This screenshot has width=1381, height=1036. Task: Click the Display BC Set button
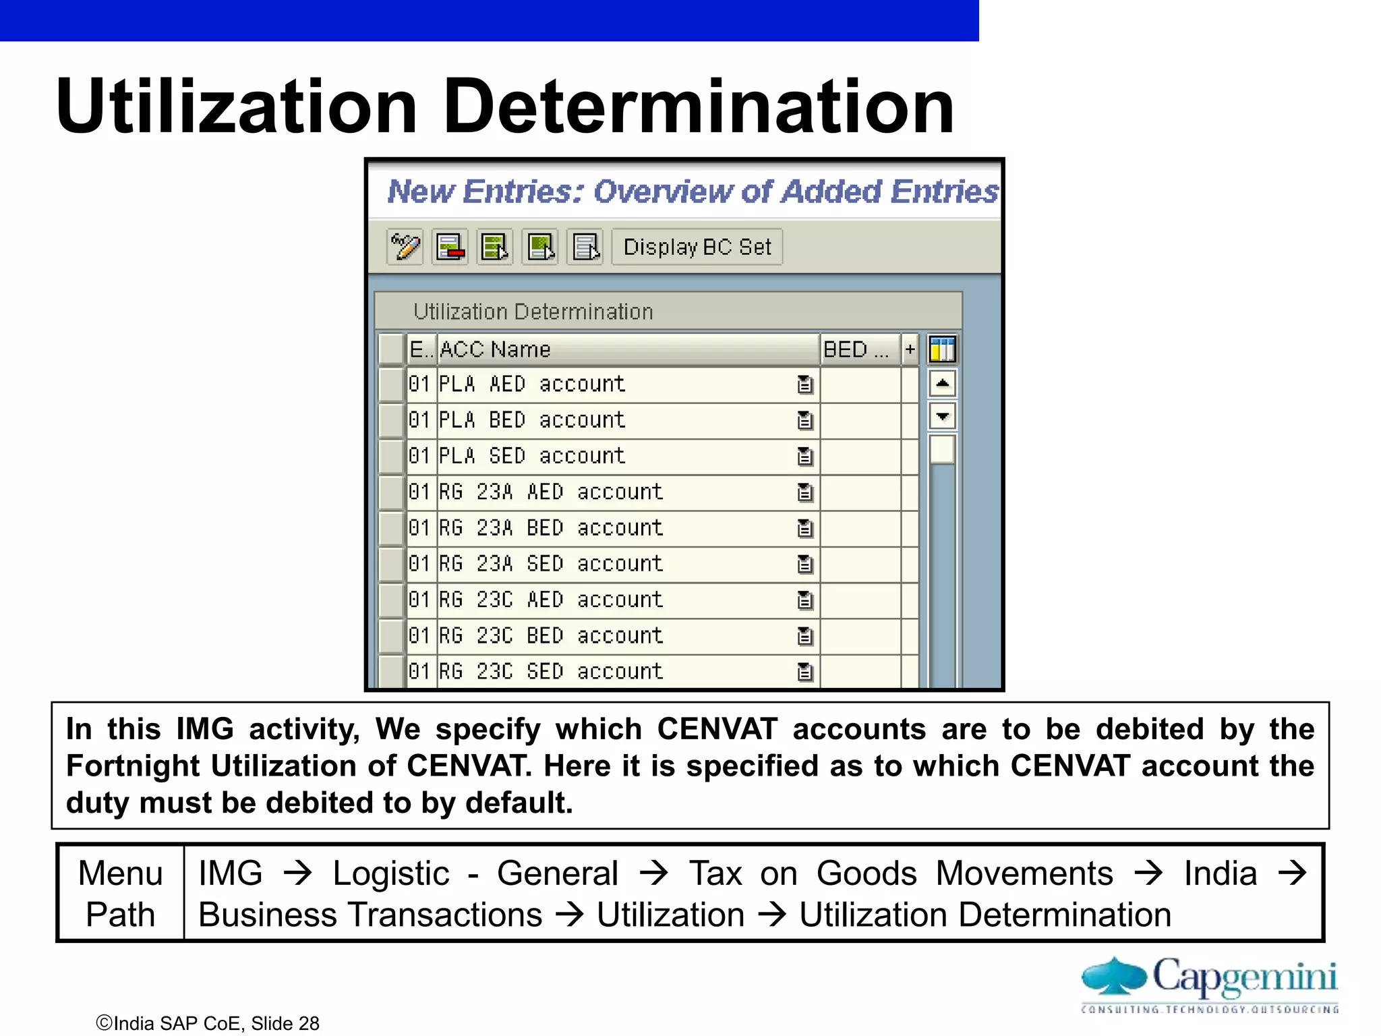(697, 247)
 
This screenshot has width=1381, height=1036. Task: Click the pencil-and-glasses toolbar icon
(405, 247)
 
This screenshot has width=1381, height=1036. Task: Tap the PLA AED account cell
(532, 384)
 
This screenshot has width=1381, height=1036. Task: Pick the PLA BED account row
(532, 420)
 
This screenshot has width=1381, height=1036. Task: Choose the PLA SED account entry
(532, 456)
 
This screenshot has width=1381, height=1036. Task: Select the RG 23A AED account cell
(551, 492)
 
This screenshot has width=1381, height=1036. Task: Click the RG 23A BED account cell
(551, 528)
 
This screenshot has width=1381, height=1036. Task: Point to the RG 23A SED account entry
(551, 564)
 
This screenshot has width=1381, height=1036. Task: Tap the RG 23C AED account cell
(551, 600)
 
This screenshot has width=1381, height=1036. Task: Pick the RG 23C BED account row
(551, 635)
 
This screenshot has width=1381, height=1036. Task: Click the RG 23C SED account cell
(551, 671)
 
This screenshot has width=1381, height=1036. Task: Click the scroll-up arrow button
(942, 384)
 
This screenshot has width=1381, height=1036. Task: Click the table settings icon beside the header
(942, 349)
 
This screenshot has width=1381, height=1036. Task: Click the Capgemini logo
(1209, 983)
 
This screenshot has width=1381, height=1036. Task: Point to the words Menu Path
(121, 893)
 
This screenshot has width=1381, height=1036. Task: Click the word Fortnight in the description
(132, 766)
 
